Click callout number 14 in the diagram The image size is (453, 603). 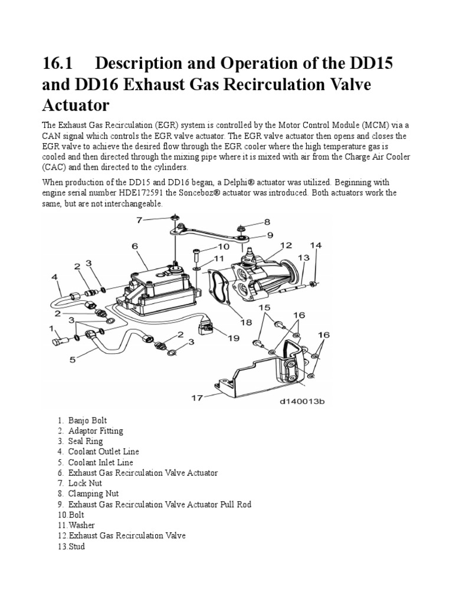point(316,245)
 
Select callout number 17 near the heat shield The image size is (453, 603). point(196,397)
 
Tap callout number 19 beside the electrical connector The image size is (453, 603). point(234,338)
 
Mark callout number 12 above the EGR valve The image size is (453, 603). point(286,245)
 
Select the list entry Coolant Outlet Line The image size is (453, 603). point(104,452)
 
